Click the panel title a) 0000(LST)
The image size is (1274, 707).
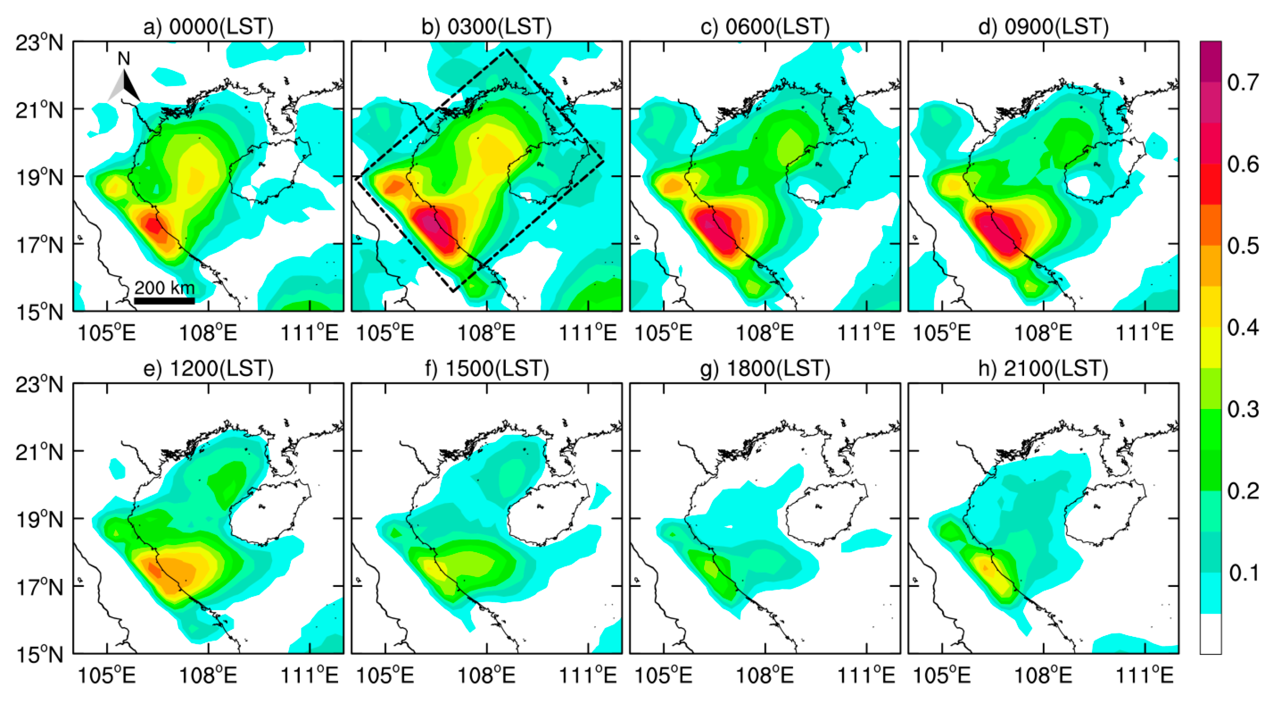click(208, 26)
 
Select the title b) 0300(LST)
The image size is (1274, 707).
click(486, 26)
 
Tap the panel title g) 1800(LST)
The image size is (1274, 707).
click(764, 369)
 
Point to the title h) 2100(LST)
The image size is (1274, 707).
click(1043, 369)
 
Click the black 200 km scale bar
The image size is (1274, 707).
click(164, 300)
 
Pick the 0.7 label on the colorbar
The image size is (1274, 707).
click(1242, 82)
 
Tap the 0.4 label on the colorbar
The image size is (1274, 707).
click(1242, 327)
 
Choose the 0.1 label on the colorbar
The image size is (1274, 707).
click(1242, 573)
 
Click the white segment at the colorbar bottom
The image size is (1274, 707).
click(1210, 634)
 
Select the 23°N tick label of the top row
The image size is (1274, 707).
click(40, 43)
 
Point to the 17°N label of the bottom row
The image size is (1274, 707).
click(40, 587)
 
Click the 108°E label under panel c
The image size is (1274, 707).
click(764, 333)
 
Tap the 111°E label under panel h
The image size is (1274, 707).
click(1145, 675)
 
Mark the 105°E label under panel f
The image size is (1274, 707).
click(385, 675)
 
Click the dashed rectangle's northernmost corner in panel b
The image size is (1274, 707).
click(506, 50)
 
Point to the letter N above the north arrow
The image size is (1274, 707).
click(124, 59)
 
